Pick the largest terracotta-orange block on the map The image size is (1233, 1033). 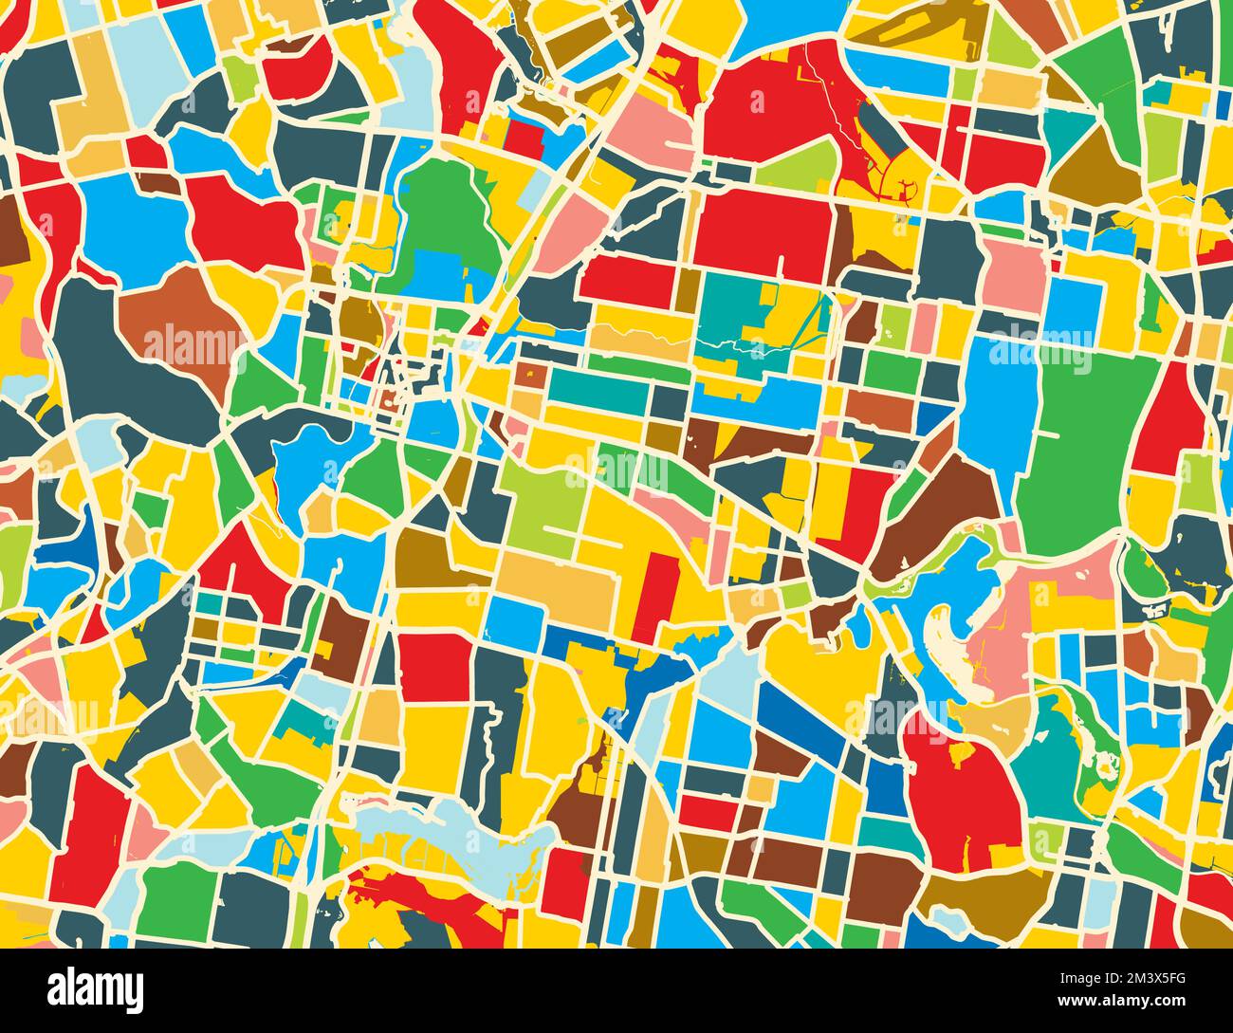pos(175,323)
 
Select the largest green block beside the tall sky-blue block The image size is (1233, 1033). pos(1091,436)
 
